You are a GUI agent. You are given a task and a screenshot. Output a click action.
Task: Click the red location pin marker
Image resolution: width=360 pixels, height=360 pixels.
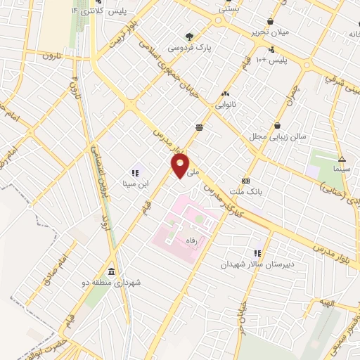tap(180, 166)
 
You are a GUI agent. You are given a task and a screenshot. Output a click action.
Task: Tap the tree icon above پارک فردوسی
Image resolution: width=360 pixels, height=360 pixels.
tap(188, 37)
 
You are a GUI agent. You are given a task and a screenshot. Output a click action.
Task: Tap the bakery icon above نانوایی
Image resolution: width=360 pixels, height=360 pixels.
tap(226, 94)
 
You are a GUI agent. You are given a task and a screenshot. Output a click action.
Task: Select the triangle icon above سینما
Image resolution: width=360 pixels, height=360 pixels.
tap(341, 159)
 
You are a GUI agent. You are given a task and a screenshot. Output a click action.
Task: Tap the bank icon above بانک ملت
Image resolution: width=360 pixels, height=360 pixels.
tap(245, 181)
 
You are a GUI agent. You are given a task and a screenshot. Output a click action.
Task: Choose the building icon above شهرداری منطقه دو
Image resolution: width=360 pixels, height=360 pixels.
tap(111, 272)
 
